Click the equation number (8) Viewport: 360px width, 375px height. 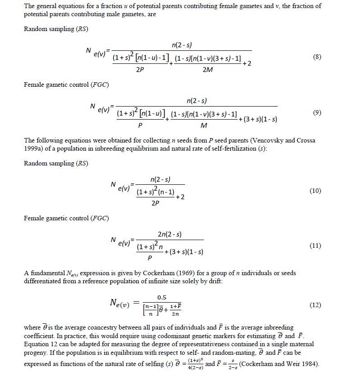(x=317, y=58)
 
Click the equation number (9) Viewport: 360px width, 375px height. (x=317, y=113)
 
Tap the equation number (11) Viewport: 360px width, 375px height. (x=315, y=246)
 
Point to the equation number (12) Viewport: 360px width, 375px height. (x=315, y=305)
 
